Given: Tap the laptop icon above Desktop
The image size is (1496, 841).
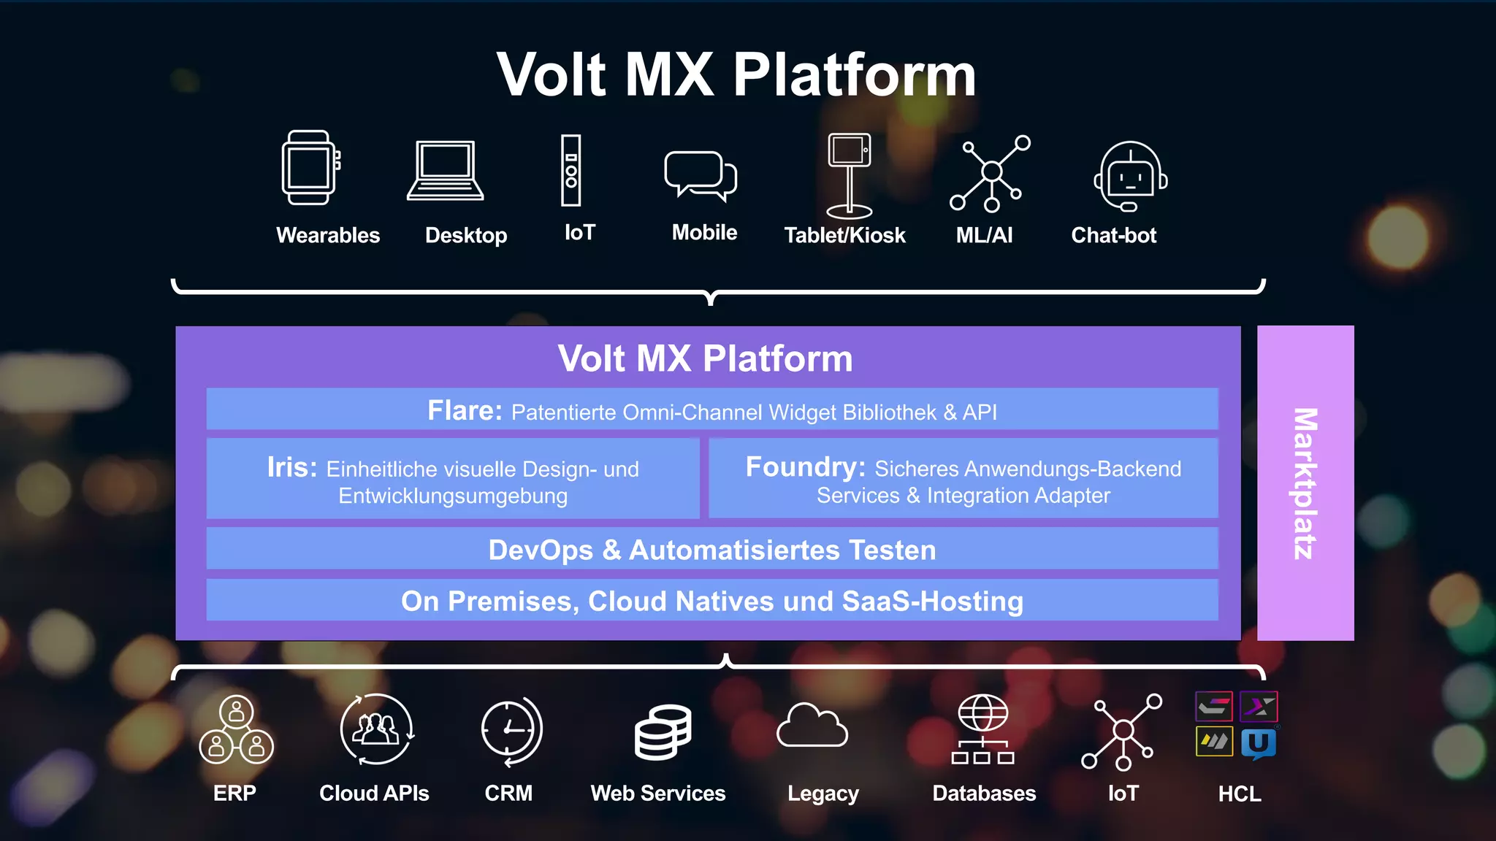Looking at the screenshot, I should point(445,171).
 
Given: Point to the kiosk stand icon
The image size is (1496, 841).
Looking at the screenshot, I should point(849,176).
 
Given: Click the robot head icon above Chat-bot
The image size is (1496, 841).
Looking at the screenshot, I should point(1130,177).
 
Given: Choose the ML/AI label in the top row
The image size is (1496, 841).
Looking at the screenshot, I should point(984,235).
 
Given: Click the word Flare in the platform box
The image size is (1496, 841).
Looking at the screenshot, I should point(464,411).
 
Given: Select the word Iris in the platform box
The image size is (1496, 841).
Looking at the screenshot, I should point(291,467).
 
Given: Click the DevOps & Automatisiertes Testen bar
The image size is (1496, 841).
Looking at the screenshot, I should point(712,550).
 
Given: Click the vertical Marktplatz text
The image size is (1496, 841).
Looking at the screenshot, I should point(1305,483).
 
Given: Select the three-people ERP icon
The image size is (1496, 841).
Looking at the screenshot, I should point(236,730).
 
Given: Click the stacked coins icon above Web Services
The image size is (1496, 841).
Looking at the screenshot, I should point(663,732).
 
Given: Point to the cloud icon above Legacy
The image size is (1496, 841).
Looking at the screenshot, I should point(812,726).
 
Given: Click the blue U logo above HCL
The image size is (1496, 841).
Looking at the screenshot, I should point(1258,743).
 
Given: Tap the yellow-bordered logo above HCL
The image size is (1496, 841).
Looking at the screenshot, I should point(1214,742).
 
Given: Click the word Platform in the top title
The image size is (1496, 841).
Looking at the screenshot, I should point(854,74).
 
